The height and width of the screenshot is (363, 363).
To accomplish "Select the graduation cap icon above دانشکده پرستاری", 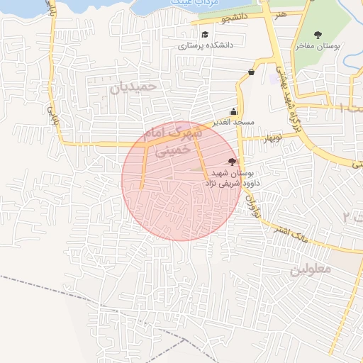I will (205, 34).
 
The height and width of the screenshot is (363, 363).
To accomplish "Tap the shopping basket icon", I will (251, 71).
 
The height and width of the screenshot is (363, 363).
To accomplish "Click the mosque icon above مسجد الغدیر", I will (234, 111).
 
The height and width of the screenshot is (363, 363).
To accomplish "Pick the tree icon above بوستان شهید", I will (232, 162).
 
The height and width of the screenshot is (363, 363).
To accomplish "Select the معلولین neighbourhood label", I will (311, 269).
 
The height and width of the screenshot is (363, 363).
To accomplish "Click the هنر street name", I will (282, 13).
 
